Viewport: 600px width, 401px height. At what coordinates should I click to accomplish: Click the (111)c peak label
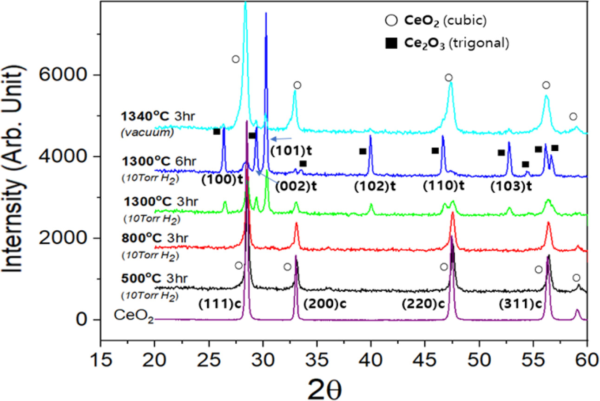(217, 305)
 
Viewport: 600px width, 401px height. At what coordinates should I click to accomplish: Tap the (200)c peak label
(325, 305)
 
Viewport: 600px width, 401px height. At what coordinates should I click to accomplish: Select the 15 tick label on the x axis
(100, 363)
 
